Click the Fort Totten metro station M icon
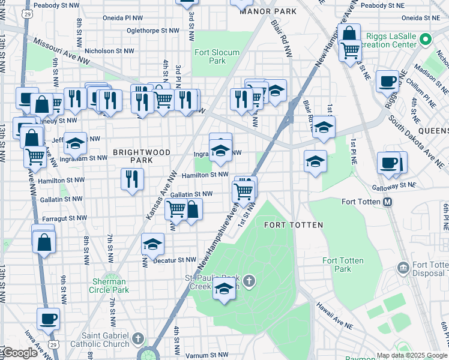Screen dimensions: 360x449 coord(388,202)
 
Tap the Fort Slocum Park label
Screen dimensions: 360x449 coord(217,56)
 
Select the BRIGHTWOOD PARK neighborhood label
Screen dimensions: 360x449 coord(142,157)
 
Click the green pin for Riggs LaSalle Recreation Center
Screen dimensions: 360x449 coord(426,40)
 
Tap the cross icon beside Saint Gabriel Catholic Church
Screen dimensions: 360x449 coord(139,338)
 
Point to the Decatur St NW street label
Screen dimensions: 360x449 coord(175,260)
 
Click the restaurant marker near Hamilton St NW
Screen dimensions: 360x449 coord(132,179)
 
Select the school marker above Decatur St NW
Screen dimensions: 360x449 coord(153,244)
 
